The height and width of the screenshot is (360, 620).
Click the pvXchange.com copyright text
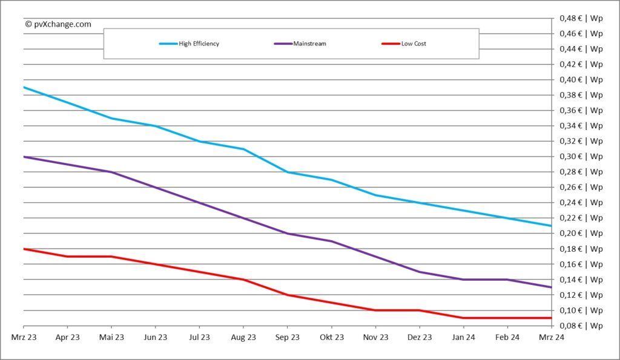(58, 24)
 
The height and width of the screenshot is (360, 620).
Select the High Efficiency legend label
(199, 44)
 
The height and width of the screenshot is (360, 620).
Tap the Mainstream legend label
(309, 44)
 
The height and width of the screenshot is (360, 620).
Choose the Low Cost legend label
(414, 44)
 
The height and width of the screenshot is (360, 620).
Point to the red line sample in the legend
(391, 44)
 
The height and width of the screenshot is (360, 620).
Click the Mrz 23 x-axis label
(24, 337)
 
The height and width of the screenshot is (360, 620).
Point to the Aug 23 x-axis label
(243, 337)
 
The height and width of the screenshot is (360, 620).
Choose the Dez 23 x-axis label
(419, 337)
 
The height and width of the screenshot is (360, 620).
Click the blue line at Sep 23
(288, 172)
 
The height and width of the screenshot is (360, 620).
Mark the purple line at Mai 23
(111, 172)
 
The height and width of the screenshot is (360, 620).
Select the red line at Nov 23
(375, 310)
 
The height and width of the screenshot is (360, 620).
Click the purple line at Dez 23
(419, 272)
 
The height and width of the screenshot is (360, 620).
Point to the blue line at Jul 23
(199, 141)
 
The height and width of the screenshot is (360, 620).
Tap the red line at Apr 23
(67, 257)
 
